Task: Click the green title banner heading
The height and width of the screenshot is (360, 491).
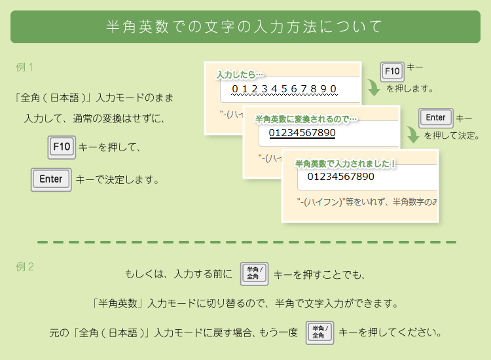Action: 245,27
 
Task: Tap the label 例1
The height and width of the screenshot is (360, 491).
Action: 25,67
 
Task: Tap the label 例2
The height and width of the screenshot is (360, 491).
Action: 25,266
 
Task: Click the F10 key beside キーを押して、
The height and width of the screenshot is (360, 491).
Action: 62,147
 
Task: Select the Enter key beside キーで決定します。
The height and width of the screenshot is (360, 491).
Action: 51,179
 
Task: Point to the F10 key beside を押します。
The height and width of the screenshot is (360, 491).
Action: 392,71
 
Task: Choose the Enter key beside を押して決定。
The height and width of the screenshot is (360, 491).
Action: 435,118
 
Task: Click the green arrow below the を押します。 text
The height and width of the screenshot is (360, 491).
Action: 373,88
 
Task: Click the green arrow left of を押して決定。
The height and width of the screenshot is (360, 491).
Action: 412,135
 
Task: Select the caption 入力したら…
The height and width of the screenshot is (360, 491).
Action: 240,75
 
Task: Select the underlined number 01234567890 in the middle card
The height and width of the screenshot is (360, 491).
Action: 302,133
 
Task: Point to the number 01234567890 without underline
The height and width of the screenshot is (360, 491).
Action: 340,176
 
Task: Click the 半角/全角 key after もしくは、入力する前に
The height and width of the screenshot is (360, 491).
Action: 254,274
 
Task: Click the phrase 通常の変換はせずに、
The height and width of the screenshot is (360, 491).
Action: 123,119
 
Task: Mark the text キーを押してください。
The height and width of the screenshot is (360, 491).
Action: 390,332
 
